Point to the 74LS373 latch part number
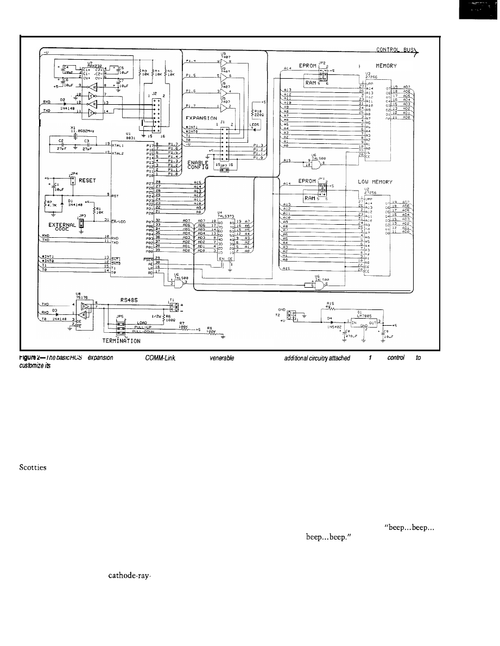pos(224,216)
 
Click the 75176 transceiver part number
pos(82,297)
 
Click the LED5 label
pos(255,124)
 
